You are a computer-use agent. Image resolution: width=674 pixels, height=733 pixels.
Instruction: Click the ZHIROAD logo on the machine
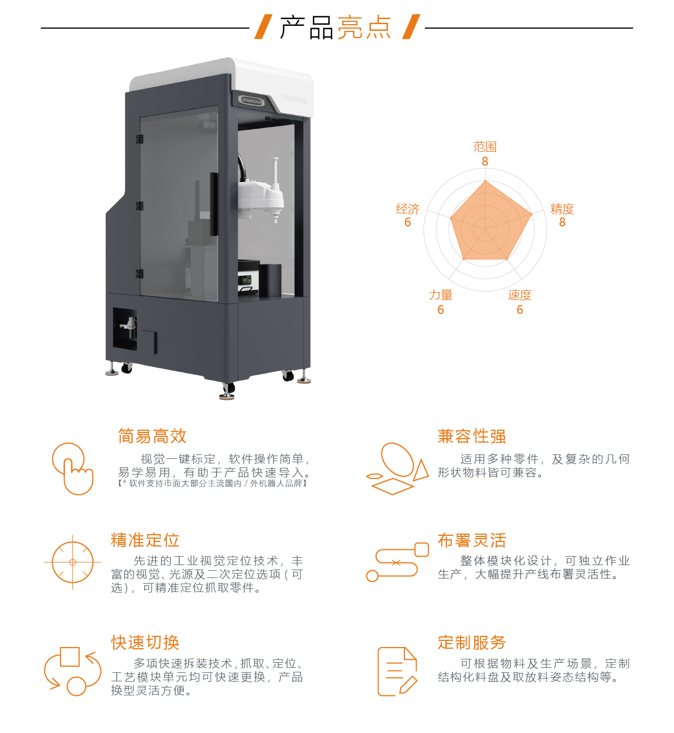[252, 101]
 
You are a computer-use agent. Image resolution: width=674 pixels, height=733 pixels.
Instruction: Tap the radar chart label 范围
[485, 147]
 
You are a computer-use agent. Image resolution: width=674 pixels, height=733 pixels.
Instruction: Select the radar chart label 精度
[562, 210]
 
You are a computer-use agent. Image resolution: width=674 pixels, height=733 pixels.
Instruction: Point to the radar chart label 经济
[408, 210]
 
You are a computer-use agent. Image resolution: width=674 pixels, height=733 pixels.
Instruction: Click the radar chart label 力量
[441, 295]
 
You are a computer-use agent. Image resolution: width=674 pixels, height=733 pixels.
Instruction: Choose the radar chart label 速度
[520, 295]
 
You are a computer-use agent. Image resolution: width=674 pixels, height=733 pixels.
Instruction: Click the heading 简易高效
[152, 436]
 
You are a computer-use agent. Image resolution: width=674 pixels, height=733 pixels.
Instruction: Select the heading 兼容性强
[472, 436]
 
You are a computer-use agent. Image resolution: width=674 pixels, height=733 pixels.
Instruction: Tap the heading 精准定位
[145, 540]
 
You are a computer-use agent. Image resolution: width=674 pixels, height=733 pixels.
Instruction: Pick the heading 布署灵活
[472, 540]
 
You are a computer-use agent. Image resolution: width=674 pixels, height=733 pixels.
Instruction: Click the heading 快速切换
[145, 643]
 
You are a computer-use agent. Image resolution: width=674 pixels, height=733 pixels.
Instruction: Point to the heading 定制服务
[472, 643]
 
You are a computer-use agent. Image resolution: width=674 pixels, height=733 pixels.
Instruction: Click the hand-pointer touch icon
[73, 469]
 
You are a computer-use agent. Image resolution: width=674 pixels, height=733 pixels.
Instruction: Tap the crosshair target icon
[72, 562]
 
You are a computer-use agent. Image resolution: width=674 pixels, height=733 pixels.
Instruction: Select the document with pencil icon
[397, 672]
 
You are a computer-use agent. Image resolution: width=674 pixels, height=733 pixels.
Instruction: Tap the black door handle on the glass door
[214, 204]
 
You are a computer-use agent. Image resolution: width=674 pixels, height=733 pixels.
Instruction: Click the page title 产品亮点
[336, 28]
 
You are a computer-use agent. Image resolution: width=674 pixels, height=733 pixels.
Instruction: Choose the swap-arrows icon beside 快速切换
[72, 672]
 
